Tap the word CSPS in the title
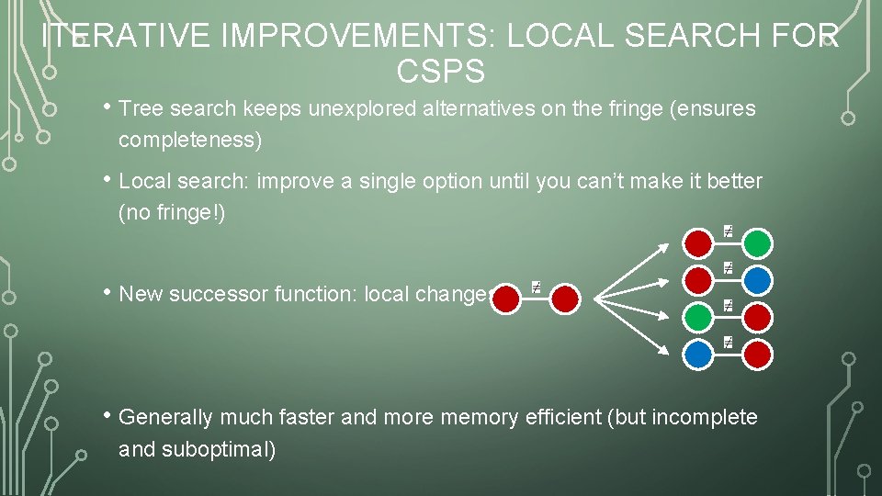click(440, 70)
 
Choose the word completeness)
click(190, 140)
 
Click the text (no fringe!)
click(172, 213)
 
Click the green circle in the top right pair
click(757, 243)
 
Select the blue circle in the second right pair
click(757, 280)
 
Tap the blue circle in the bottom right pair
click(699, 354)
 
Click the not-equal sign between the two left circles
click(536, 288)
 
